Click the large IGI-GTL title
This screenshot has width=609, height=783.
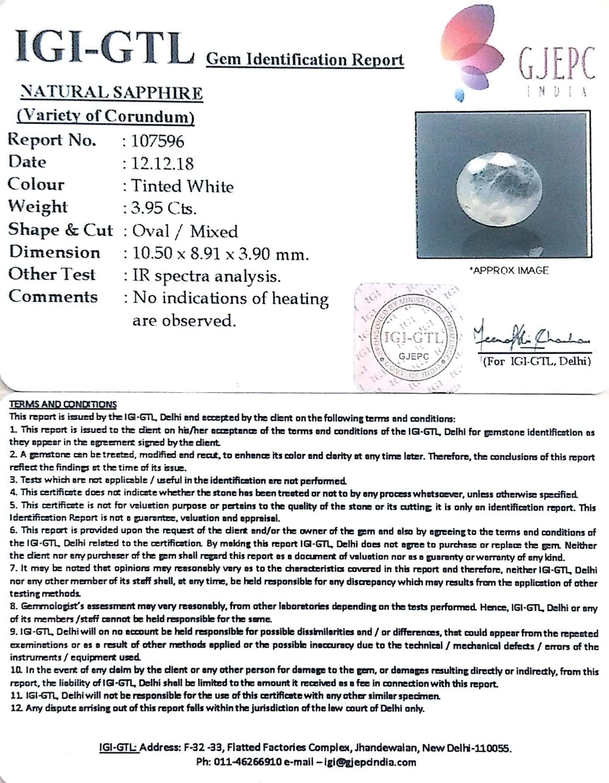101,49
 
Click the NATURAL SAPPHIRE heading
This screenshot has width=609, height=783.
111,94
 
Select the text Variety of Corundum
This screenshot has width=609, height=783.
104,116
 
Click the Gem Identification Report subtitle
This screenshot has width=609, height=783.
305,59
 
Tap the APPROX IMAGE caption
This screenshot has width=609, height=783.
510,270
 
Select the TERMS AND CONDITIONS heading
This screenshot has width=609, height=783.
62,405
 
